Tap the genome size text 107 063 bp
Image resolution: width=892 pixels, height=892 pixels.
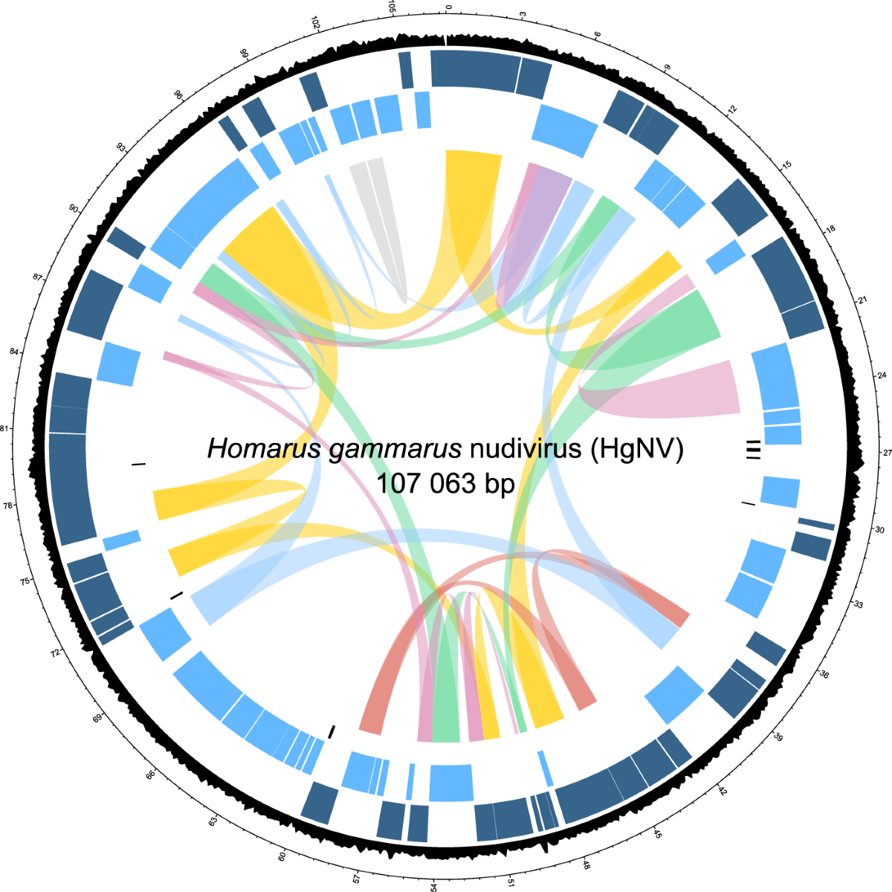pos(445,484)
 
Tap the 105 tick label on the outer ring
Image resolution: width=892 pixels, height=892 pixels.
pos(392,10)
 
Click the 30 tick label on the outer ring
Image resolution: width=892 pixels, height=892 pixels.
pos(879,530)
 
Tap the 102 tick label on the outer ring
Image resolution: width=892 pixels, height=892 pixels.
pos(316,23)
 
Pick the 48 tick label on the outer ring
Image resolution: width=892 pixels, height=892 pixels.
pos(586,865)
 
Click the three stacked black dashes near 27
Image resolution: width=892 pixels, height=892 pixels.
pos(754,450)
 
